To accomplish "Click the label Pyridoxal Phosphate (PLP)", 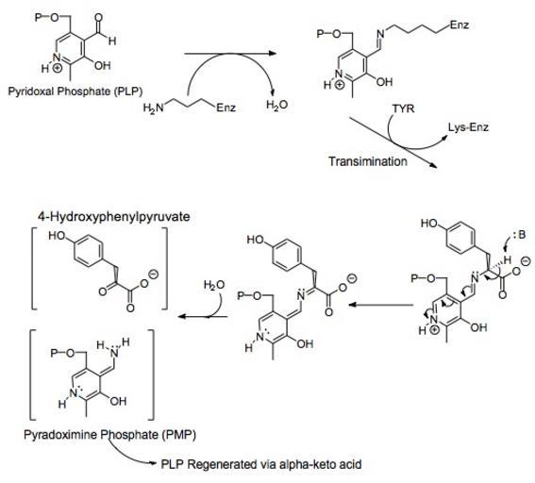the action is point(75,92).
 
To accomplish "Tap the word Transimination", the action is point(368,161).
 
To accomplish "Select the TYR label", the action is point(403,108).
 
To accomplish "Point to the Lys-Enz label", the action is point(468,127).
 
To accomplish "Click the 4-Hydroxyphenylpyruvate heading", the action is point(114,217).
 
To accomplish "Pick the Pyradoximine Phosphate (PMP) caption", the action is point(109,435).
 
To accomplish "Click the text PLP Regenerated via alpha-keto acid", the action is point(261,464).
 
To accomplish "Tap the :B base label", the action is point(519,235).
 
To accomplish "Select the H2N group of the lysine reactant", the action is point(153,108).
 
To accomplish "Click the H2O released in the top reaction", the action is point(276,105).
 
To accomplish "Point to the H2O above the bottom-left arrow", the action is point(214,285).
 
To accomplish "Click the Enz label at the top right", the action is point(460,25).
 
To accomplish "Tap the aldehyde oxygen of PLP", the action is point(99,18).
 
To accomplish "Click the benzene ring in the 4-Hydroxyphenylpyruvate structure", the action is point(88,251).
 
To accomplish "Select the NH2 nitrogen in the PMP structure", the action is point(114,353).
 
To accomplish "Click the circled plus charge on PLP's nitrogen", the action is point(58,69).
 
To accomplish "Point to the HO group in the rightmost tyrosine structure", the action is point(429,224).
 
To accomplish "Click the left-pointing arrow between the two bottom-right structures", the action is point(381,305).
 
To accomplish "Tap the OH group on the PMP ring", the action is point(118,401).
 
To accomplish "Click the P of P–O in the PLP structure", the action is point(38,17).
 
